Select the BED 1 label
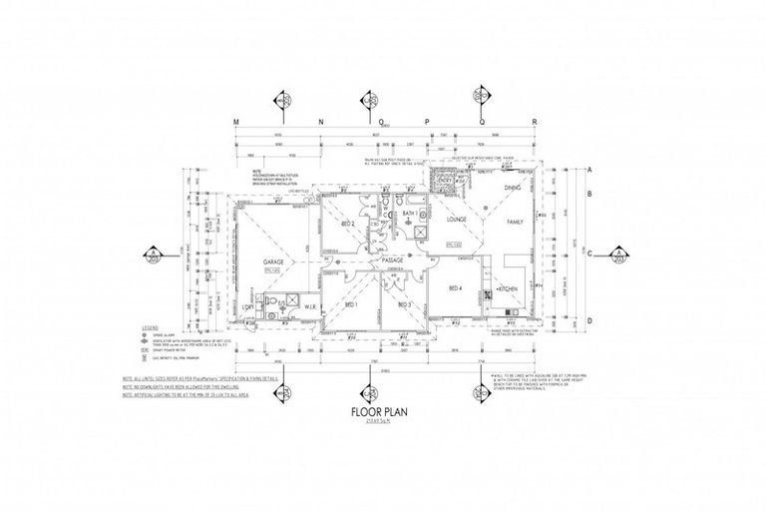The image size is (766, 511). [349, 303]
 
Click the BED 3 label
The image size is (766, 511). [404, 303]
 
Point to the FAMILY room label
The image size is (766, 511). [515, 222]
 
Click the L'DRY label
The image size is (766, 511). [247, 307]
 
